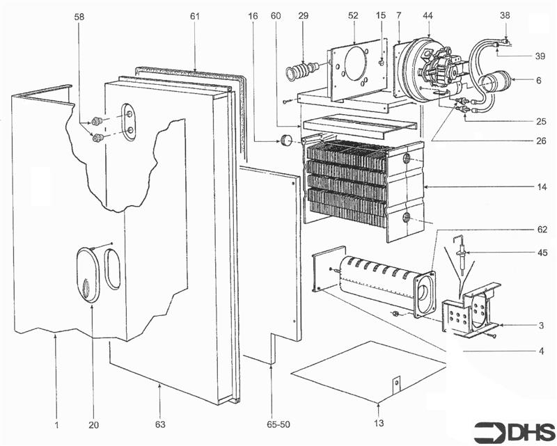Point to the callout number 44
(x=427, y=15)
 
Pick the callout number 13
(x=379, y=424)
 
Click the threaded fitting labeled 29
(x=301, y=71)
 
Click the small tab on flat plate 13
(x=397, y=383)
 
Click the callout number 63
(x=160, y=424)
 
